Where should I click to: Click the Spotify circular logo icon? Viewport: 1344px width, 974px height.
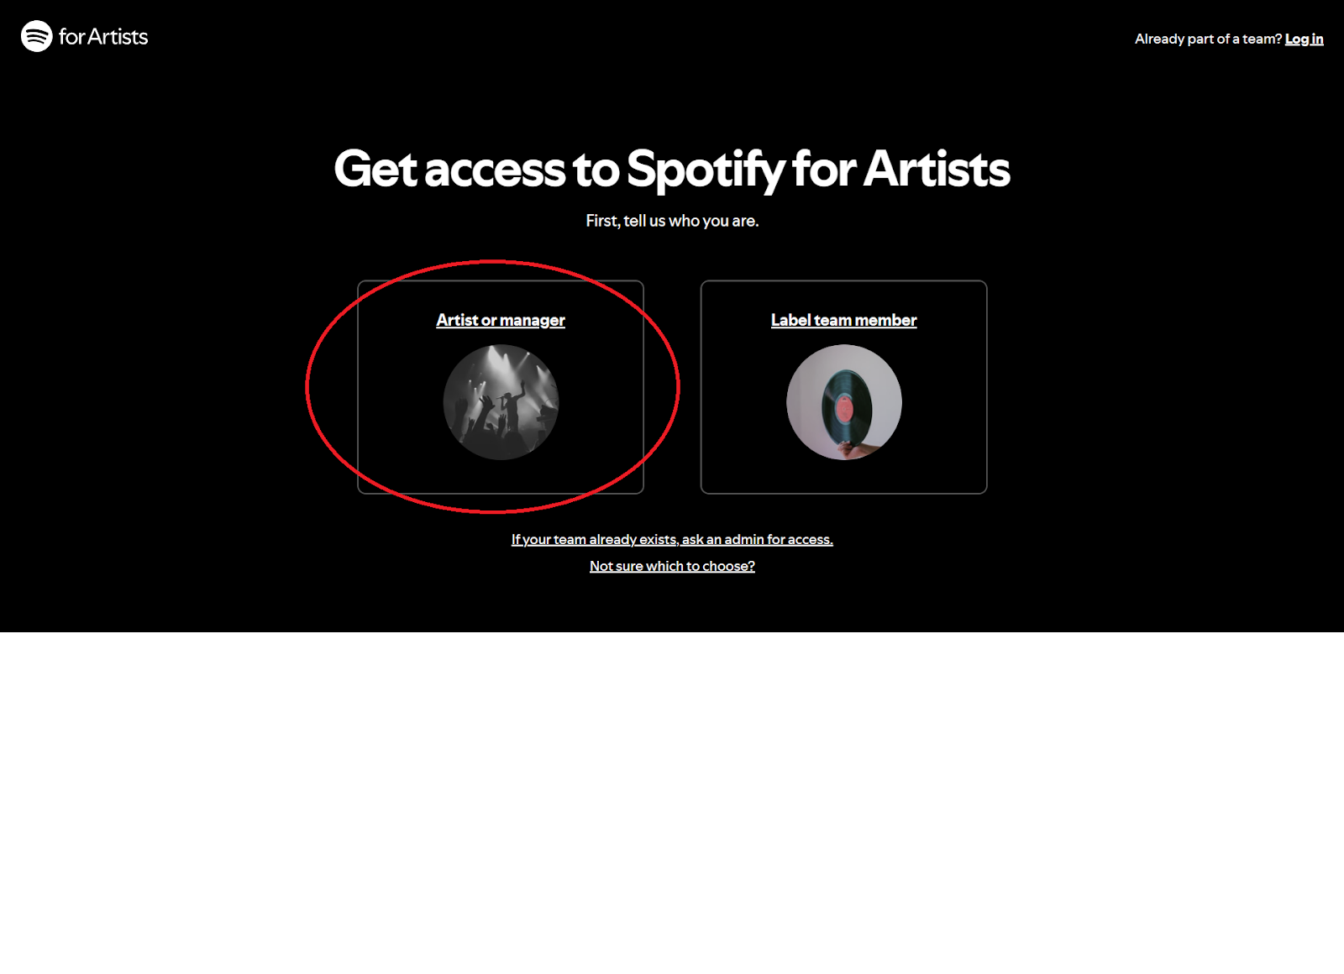37,36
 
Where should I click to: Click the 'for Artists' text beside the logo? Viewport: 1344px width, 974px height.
103,37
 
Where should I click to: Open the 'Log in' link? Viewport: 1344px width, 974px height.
1304,39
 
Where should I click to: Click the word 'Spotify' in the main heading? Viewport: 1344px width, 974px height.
706,170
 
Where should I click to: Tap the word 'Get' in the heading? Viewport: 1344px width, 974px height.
375,169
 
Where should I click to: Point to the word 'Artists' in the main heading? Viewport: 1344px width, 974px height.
937,169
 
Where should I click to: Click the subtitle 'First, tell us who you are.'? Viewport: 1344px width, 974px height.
672,221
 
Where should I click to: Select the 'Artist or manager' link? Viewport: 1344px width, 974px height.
501,320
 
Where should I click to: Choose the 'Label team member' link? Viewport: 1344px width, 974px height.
843,320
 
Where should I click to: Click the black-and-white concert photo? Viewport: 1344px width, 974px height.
501,402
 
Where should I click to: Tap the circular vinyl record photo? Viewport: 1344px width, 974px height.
844,402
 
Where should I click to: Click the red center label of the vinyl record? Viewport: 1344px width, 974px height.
844,410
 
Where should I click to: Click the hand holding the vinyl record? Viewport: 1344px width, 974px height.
855,448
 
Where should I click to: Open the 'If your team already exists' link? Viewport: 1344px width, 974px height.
672,539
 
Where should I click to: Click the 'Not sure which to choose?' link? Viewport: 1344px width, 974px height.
672,566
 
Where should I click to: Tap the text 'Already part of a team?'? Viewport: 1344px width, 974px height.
1208,39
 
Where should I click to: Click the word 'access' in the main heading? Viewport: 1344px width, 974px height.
495,170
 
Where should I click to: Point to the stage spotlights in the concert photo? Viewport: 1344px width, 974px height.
504,366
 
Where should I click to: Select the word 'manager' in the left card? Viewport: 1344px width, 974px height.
533,321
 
